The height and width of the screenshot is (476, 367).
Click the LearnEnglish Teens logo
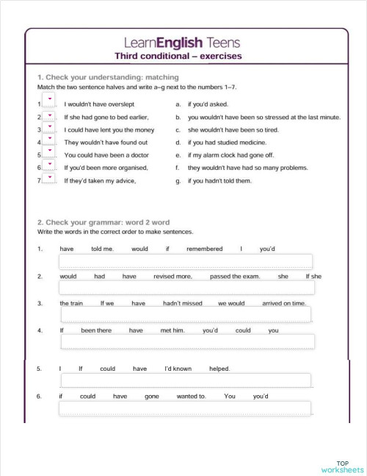(x=183, y=43)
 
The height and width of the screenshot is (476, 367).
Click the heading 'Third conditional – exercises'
(x=178, y=56)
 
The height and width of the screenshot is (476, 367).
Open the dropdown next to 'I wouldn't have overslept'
(x=49, y=102)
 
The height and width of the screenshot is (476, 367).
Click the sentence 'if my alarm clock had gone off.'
(x=230, y=155)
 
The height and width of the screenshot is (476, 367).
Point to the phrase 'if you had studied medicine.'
(x=227, y=143)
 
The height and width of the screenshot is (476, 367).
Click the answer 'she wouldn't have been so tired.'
(x=233, y=129)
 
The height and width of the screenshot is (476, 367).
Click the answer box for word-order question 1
(x=186, y=262)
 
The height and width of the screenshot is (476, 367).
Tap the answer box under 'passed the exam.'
(x=186, y=288)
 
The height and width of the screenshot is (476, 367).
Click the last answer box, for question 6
(x=185, y=408)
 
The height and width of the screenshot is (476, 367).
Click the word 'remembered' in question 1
(x=204, y=249)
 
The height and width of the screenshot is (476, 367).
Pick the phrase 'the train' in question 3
(x=71, y=303)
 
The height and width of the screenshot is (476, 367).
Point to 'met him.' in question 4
(x=172, y=330)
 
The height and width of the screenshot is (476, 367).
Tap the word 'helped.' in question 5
(x=219, y=369)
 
